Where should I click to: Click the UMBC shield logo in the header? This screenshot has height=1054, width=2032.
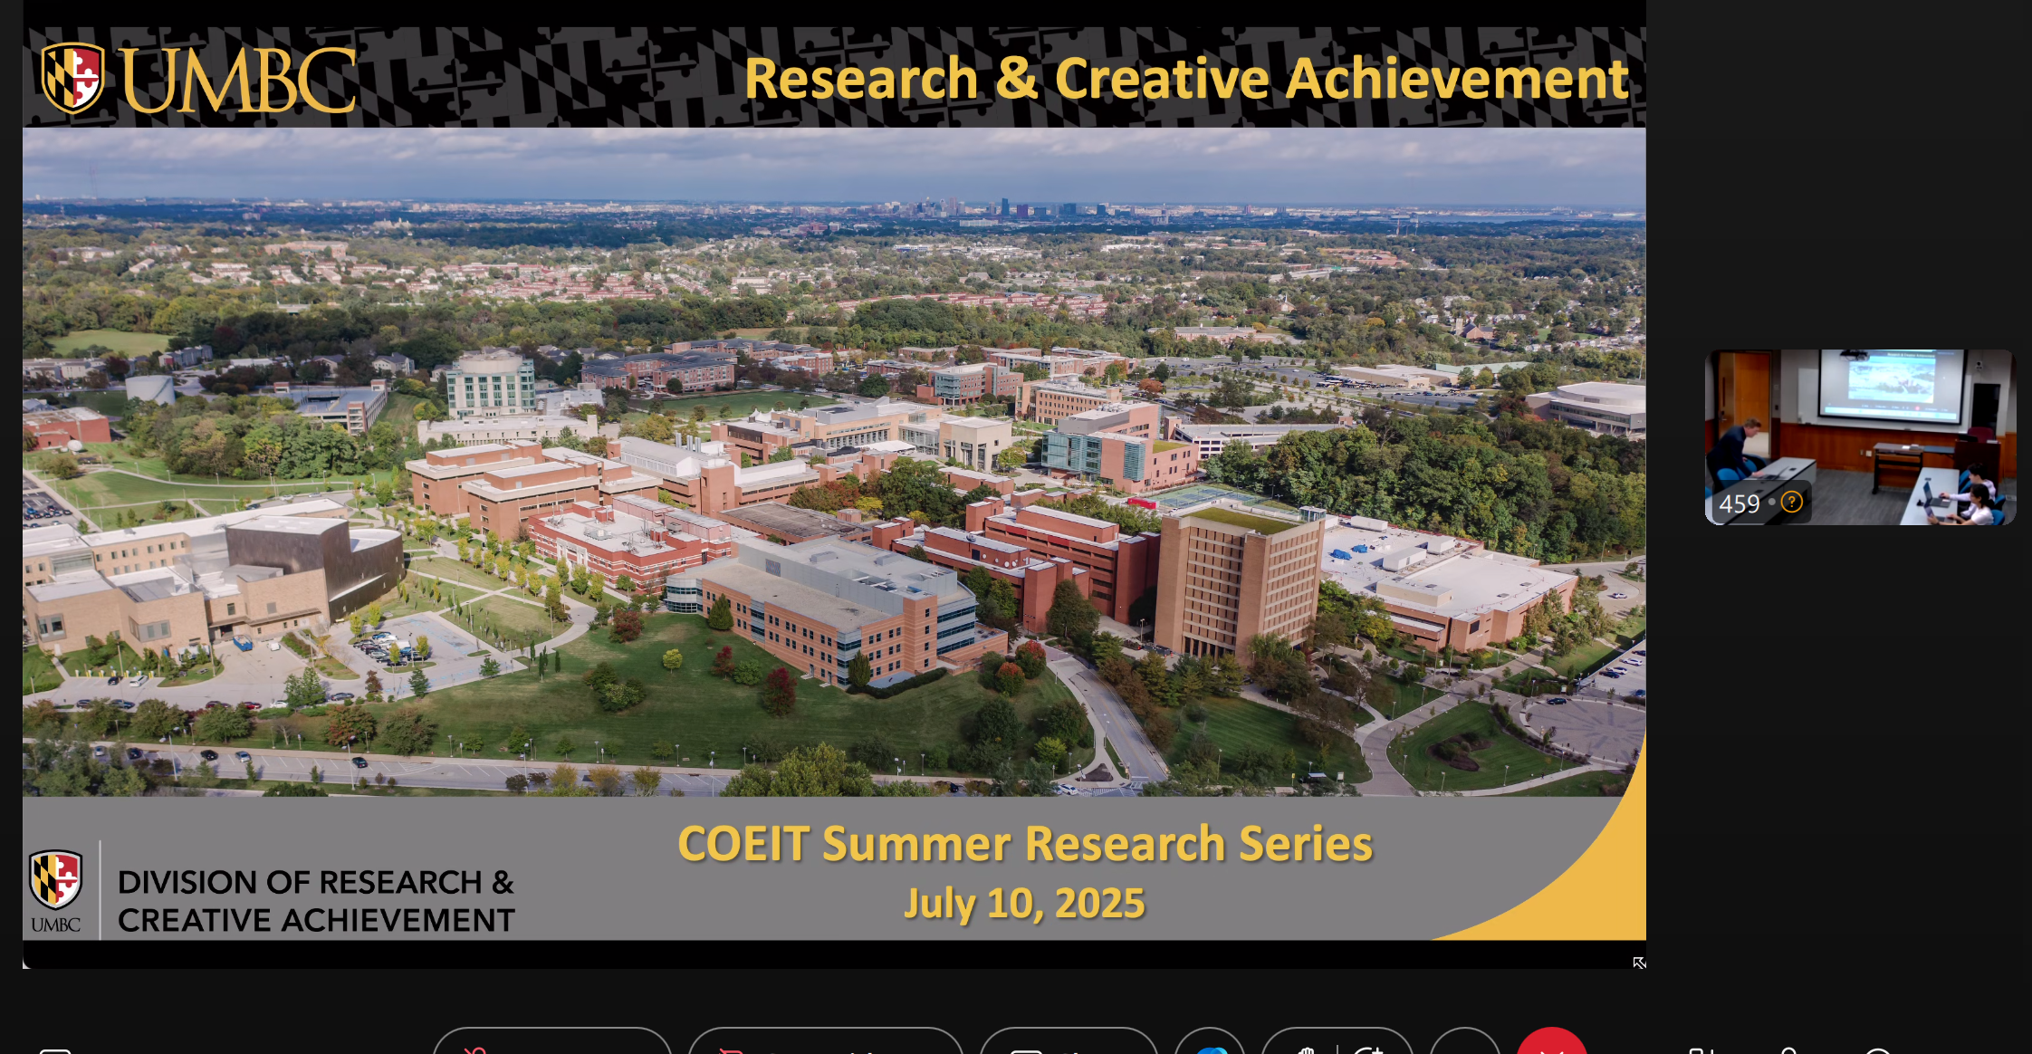point(72,78)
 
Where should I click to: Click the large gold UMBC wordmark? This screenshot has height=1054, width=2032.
point(238,81)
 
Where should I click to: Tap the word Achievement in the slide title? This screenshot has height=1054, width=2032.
point(1457,78)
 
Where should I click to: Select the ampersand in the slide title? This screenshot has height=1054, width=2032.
point(1016,78)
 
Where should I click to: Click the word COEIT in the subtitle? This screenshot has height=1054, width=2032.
point(743,844)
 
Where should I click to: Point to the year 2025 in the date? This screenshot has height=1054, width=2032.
point(1099,904)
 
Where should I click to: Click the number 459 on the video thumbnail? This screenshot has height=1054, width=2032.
point(1740,504)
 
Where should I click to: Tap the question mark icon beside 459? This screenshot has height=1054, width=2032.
point(1791,502)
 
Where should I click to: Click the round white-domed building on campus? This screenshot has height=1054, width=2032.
point(491,384)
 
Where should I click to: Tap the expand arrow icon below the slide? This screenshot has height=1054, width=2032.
point(1639,963)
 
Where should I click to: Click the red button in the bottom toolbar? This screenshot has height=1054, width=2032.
point(1552,1041)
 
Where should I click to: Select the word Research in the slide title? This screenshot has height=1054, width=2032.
point(861,78)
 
